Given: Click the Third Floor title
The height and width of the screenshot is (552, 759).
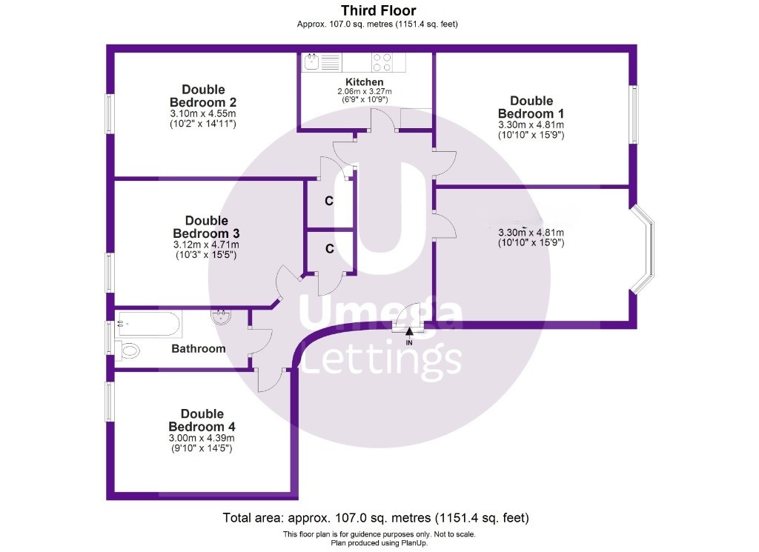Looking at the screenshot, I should click(378, 10).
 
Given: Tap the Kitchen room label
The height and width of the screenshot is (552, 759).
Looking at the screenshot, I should click(365, 82).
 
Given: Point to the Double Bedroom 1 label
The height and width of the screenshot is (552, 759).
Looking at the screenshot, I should click(531, 107).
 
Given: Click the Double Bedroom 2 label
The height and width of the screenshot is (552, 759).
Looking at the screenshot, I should click(202, 96).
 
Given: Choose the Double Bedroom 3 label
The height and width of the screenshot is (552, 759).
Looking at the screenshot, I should click(206, 227).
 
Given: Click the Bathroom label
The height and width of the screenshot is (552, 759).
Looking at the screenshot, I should click(199, 348).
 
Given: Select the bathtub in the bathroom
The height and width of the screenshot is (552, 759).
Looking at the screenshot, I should click(149, 323).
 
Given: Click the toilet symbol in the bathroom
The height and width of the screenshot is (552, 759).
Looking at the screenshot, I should click(128, 350).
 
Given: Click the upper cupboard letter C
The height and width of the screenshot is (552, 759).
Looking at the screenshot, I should click(328, 201).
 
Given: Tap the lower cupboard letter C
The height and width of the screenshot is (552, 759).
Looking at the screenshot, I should click(329, 249).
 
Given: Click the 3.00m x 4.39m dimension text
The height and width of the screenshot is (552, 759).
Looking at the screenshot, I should click(202, 438).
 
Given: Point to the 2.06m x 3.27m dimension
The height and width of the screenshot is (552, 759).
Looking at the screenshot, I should click(365, 91).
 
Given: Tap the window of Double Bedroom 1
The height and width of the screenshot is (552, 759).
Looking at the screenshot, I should click(634, 113).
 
